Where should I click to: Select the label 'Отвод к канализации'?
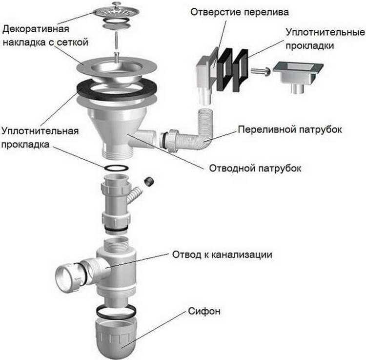(222, 255)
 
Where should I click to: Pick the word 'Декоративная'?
(34, 29)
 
